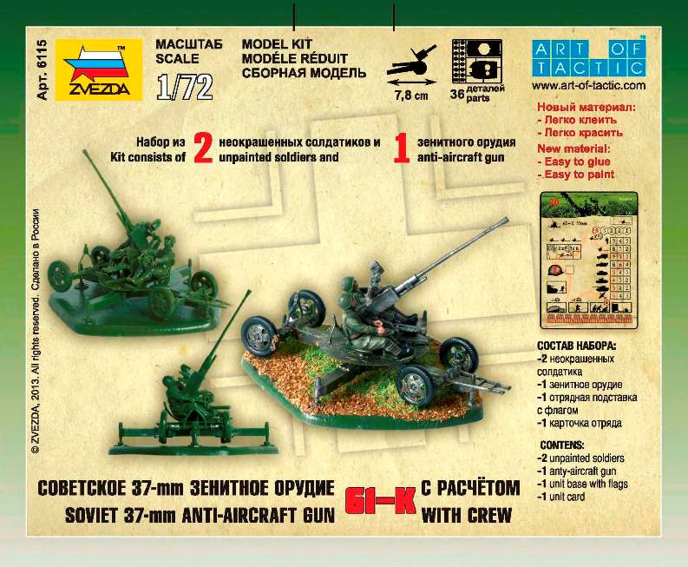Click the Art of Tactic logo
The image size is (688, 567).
click(x=587, y=57)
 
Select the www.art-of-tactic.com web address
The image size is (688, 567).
click(x=587, y=86)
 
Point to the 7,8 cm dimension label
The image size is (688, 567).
click(x=411, y=96)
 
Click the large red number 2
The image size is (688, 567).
click(x=202, y=149)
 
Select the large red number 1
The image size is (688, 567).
click(x=402, y=149)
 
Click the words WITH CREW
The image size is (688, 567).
click(x=466, y=516)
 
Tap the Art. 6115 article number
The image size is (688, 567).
click(x=41, y=70)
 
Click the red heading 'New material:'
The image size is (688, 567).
click(x=575, y=149)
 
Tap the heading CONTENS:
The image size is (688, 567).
click(x=564, y=445)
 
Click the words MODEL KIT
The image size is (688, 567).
click(x=277, y=43)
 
